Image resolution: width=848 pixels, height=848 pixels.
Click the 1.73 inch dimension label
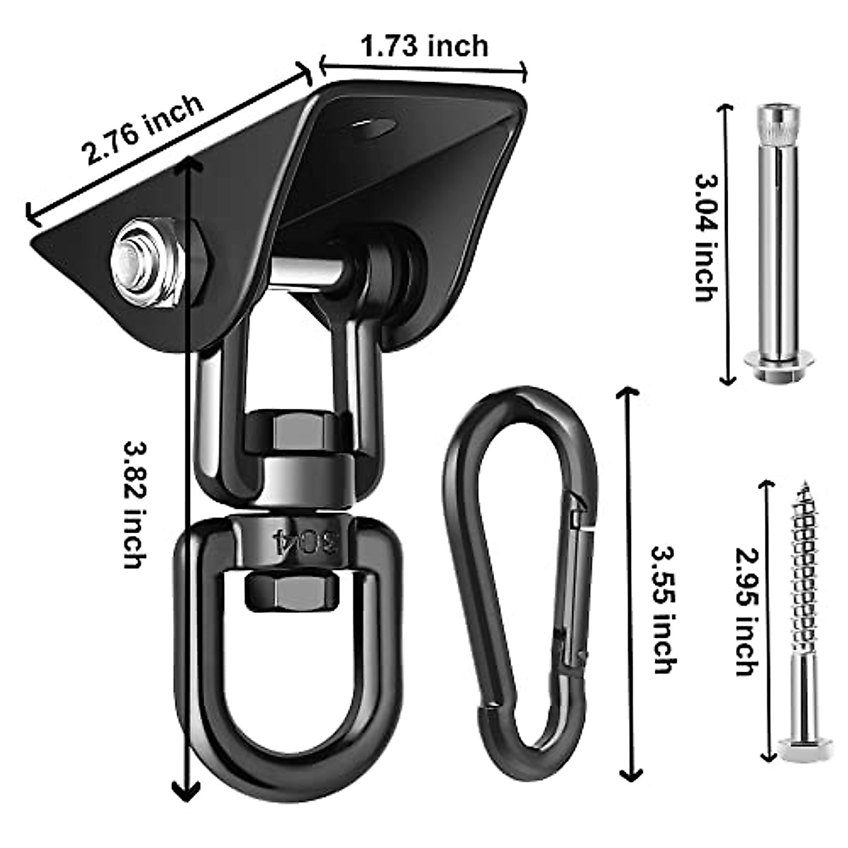click(x=424, y=47)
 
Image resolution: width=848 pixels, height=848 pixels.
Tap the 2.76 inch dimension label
click(x=144, y=129)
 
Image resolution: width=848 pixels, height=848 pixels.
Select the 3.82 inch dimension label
click(x=134, y=505)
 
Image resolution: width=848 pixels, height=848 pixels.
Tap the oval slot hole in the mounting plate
click(x=370, y=129)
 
